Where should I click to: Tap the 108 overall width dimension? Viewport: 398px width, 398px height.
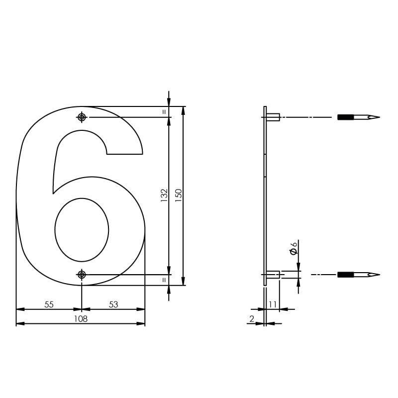click(x=81, y=319)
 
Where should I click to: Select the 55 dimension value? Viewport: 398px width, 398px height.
click(x=49, y=304)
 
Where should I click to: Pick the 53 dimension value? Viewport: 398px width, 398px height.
click(x=113, y=304)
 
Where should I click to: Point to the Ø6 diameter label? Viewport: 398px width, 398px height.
click(x=294, y=247)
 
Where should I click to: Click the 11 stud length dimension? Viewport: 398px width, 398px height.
click(x=273, y=304)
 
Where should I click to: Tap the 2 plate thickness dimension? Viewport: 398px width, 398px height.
click(x=252, y=319)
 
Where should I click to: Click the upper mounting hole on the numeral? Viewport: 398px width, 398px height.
click(x=82, y=117)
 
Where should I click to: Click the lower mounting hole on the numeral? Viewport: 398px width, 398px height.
click(x=82, y=275)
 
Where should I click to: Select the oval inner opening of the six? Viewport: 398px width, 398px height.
click(x=82, y=230)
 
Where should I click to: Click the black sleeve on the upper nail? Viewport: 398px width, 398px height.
click(x=345, y=118)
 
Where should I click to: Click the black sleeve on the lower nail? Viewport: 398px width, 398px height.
click(x=345, y=275)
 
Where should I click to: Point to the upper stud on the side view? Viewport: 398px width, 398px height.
click(x=273, y=117)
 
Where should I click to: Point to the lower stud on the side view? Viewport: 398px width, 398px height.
click(x=273, y=275)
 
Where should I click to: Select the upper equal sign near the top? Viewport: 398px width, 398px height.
click(x=164, y=112)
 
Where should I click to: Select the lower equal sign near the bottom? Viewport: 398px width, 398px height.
click(x=164, y=280)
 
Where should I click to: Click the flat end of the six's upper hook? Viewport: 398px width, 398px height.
click(x=125, y=154)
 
